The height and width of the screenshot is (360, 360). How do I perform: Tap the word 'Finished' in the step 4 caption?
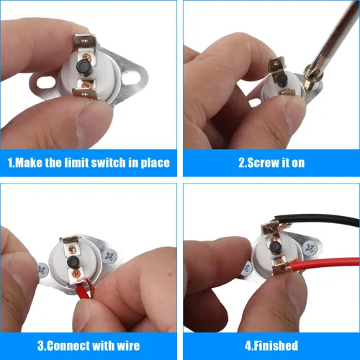tap(276, 346)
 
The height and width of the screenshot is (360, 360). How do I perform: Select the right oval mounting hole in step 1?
tap(131, 77)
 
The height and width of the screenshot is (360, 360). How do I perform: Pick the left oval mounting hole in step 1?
tap(45, 84)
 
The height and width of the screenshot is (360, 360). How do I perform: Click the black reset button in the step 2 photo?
tap(282, 80)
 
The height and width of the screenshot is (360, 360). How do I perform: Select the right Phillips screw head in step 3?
tap(109, 256)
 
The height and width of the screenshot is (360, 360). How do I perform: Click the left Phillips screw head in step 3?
tap(43, 270)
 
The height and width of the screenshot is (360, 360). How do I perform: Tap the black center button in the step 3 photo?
tap(73, 261)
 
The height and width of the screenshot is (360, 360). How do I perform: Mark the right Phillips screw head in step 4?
tap(310, 248)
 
